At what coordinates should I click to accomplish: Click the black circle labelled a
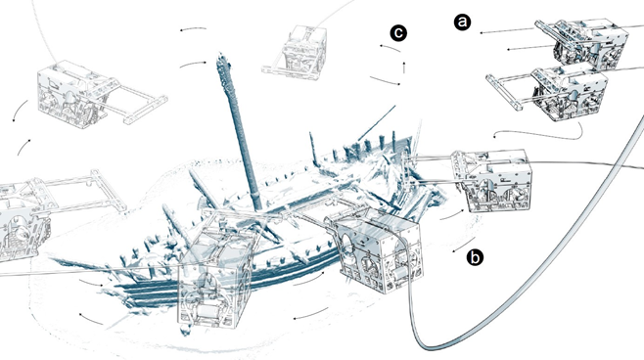pyautogui.click(x=463, y=22)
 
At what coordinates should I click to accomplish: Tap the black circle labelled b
pyautogui.click(x=475, y=257)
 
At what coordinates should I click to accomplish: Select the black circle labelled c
pyautogui.click(x=398, y=33)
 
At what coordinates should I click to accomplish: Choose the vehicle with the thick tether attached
pyautogui.click(x=380, y=250)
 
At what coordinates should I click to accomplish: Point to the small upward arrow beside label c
pyautogui.click(x=404, y=67)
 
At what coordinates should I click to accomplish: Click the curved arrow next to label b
pyautogui.click(x=464, y=246)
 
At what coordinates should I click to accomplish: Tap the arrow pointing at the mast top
pyautogui.click(x=193, y=64)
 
